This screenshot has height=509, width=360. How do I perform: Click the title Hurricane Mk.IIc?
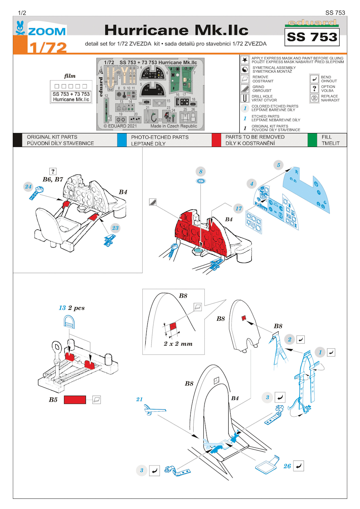(176, 30)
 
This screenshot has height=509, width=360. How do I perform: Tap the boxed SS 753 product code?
(312, 37)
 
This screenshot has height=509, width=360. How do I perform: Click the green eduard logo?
(312, 23)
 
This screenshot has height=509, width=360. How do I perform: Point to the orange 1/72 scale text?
(48, 47)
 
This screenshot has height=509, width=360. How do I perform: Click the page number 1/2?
(22, 13)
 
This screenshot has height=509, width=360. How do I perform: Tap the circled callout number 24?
(28, 186)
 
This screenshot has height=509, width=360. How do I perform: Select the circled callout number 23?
(115, 228)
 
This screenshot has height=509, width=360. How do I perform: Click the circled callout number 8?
(201, 171)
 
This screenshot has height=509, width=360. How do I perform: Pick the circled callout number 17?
(239, 208)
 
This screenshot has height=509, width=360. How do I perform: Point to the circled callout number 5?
(278, 165)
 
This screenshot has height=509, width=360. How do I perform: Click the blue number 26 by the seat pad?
(287, 466)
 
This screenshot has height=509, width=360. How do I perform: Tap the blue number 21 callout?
(139, 399)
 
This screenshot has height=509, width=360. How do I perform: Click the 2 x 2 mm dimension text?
(178, 344)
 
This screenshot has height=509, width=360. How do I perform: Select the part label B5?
(53, 400)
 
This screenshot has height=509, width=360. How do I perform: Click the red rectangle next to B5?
(75, 400)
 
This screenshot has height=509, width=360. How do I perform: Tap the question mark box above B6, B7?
(53, 171)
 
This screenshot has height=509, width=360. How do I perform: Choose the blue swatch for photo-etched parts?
(122, 140)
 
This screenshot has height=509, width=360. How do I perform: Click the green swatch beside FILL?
(312, 140)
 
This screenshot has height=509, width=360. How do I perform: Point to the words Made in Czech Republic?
(174, 126)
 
